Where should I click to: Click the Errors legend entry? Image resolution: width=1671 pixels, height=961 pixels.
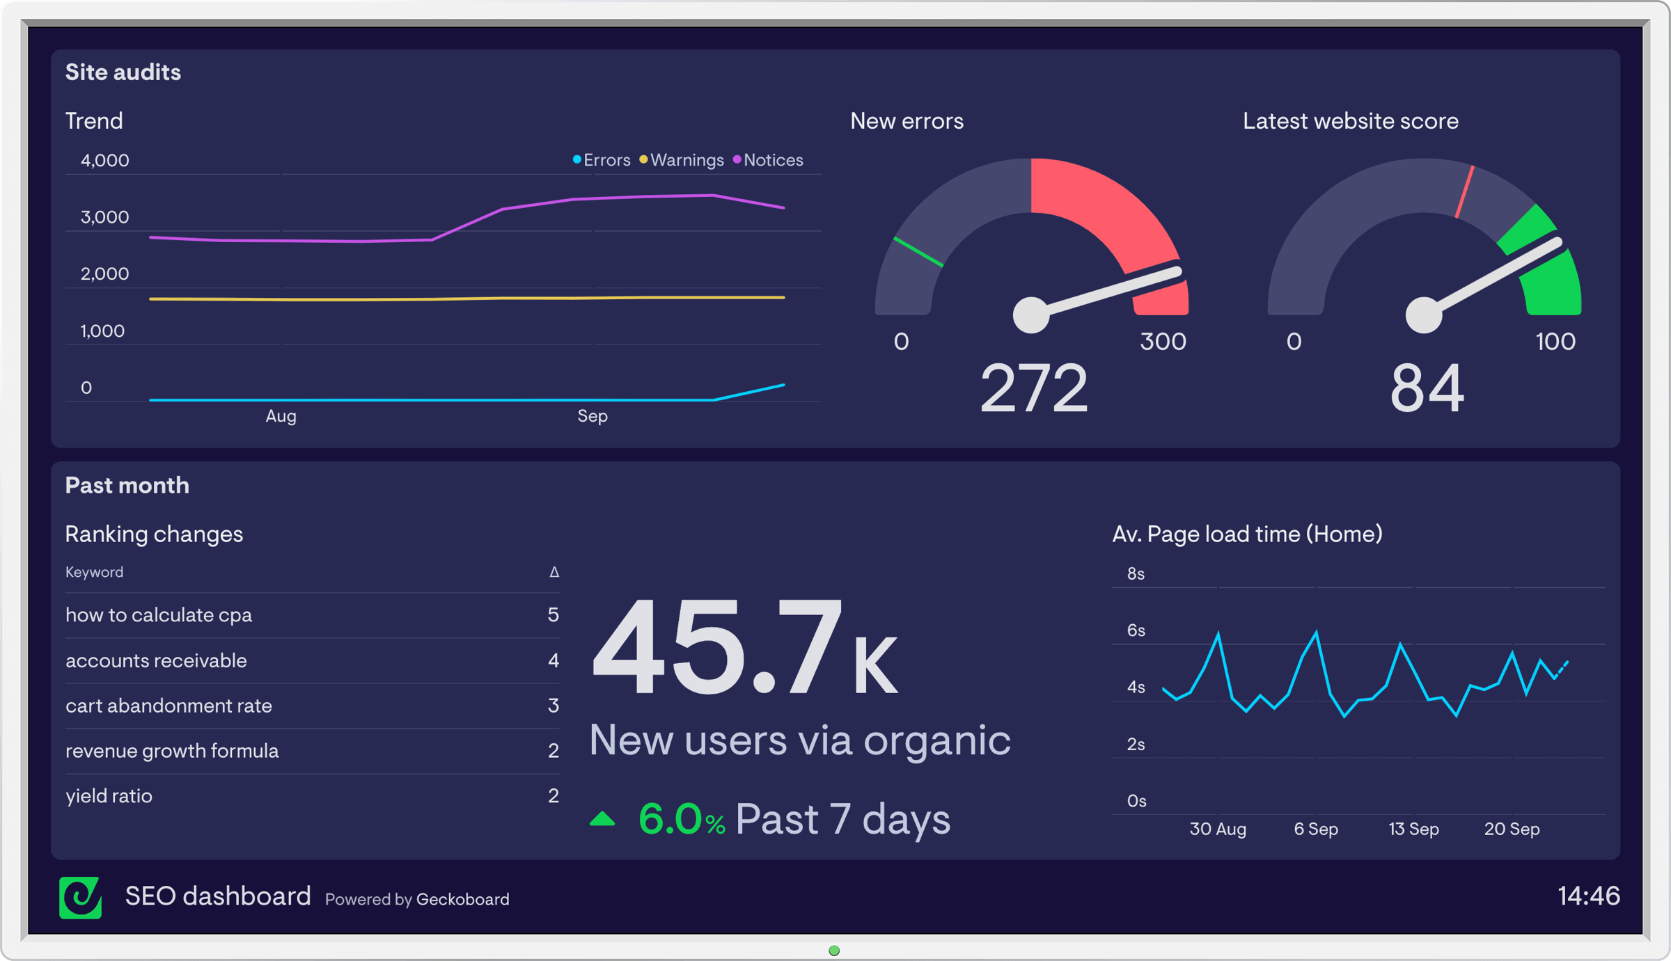(602, 160)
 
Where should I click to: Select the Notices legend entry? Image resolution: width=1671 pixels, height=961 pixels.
(769, 160)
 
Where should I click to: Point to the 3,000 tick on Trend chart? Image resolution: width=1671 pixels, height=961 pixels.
(104, 217)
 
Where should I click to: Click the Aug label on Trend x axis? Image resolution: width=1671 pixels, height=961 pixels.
(281, 416)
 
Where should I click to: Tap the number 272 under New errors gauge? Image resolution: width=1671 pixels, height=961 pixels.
(1033, 388)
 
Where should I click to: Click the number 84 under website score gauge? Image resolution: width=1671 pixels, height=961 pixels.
(1427, 388)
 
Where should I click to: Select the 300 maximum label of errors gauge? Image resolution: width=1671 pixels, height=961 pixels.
(1163, 342)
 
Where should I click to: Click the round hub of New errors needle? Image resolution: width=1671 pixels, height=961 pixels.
(1031, 315)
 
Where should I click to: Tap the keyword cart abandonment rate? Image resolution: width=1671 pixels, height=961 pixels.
(168, 706)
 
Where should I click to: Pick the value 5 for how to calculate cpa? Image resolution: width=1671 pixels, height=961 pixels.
(553, 615)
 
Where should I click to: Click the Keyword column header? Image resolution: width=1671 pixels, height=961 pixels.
(94, 572)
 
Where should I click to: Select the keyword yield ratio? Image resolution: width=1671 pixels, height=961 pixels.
(109, 796)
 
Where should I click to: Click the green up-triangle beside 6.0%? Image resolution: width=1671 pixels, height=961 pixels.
(602, 819)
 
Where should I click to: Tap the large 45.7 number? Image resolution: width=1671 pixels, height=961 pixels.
(717, 647)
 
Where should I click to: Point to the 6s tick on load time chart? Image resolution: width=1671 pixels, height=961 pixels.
(1136, 630)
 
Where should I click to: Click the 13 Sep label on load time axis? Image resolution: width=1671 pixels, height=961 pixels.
(1413, 829)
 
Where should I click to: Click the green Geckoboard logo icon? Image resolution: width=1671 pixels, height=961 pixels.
(81, 897)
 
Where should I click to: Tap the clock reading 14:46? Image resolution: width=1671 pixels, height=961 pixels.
(1588, 896)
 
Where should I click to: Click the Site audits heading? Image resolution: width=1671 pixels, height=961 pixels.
(123, 72)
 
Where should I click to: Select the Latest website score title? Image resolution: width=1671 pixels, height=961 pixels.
(1350, 121)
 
